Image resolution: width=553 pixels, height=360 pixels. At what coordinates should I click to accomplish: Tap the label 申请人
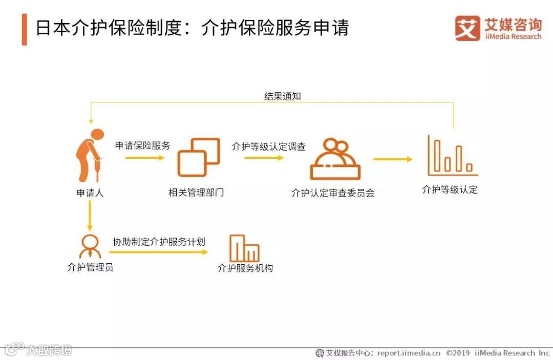(90, 193)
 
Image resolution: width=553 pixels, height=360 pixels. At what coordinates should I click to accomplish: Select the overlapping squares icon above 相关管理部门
(198, 157)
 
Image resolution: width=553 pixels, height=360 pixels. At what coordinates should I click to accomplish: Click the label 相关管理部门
(196, 193)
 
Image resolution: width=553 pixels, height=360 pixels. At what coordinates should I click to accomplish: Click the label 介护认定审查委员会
(333, 193)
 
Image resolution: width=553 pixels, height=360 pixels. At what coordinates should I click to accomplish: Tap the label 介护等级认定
(450, 189)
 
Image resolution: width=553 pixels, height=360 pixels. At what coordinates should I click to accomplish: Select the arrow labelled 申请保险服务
(145, 158)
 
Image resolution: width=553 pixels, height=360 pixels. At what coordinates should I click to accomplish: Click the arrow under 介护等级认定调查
(263, 158)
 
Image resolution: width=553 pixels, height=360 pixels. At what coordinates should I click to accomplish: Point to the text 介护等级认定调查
(268, 146)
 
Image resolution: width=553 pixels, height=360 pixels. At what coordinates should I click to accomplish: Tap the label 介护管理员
(90, 267)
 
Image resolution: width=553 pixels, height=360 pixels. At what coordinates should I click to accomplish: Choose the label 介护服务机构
(245, 268)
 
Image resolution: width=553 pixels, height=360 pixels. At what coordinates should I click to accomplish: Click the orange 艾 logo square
(467, 28)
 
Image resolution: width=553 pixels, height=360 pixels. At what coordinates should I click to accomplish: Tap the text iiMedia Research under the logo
(513, 36)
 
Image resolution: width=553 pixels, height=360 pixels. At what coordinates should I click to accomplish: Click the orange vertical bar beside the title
(24, 29)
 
